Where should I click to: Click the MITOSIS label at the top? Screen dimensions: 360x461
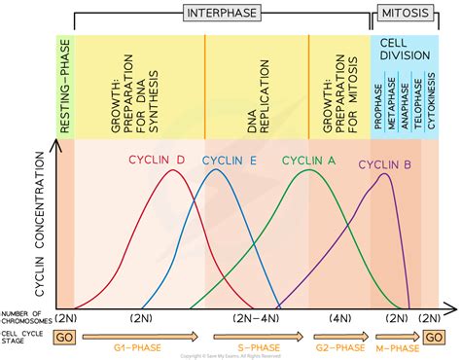404,12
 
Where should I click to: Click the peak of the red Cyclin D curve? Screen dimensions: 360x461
172,171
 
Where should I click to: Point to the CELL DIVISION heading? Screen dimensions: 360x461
404,49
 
